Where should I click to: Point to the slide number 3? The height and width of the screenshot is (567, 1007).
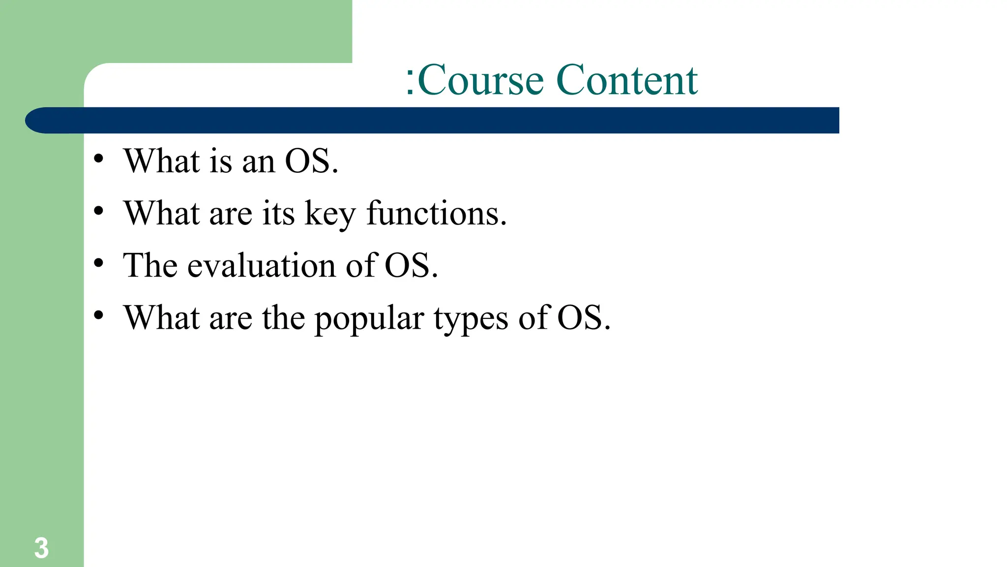(41, 548)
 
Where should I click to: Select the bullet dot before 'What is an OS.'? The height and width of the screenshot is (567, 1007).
(99, 159)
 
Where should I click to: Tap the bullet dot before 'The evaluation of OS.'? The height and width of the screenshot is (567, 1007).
(99, 263)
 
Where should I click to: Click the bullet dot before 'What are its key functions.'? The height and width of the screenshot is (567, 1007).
(99, 211)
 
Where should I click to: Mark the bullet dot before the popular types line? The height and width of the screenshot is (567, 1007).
(99, 315)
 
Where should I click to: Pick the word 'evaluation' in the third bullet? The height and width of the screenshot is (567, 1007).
(262, 266)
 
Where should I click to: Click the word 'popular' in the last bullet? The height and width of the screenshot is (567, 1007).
(369, 319)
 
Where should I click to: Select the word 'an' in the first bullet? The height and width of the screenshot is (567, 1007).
(259, 162)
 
